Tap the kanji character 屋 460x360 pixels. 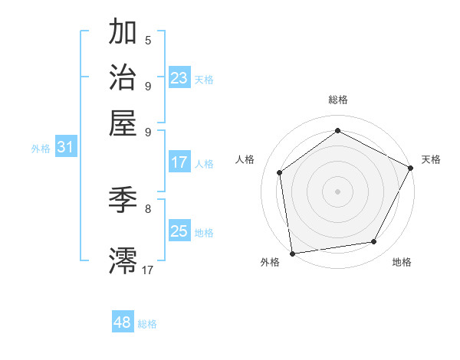point(123,123)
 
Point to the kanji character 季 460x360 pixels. point(123,201)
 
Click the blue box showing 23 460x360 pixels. point(179,78)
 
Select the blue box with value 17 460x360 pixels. point(179,162)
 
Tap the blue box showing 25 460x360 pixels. point(179,231)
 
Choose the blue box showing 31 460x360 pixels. point(65,148)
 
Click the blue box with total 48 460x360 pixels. point(123,322)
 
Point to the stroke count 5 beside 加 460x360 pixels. point(148,40)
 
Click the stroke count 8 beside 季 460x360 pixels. point(148,208)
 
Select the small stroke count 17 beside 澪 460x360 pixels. point(148,269)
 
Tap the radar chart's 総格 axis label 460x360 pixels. point(337,100)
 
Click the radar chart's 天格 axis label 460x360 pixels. point(431,159)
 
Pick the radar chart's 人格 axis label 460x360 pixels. point(245,159)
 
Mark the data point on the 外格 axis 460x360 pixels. point(292,253)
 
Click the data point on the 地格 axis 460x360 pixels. point(374,242)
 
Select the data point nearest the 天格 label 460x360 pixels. point(411,168)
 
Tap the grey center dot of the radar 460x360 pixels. point(337,191)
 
